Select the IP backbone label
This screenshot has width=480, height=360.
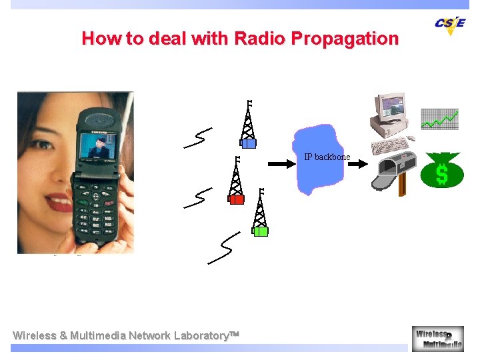[x=327, y=157]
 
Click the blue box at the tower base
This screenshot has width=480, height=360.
[x=248, y=143]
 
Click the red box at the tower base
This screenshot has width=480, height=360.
[x=236, y=199]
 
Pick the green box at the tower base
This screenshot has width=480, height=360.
[x=260, y=231]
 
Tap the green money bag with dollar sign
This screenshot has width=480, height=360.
[x=441, y=171]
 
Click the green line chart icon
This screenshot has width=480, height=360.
[x=440, y=119]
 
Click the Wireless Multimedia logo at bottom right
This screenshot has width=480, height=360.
[x=437, y=338]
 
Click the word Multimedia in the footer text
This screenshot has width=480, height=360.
[x=97, y=335]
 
